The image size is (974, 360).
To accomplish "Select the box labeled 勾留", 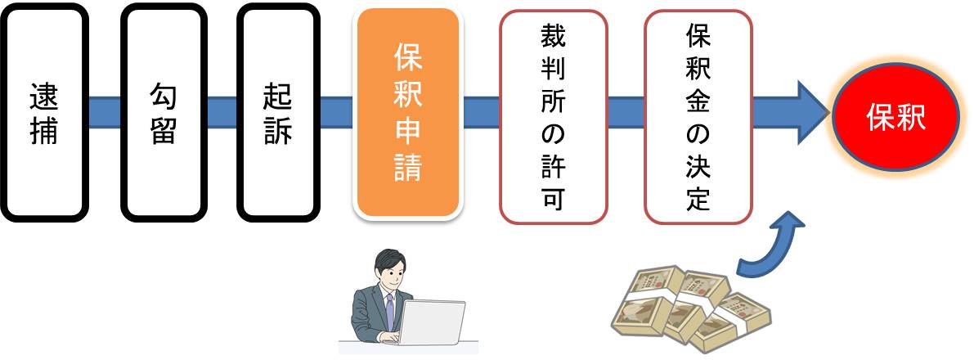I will (x=162, y=112).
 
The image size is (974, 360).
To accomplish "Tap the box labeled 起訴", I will (x=278, y=112).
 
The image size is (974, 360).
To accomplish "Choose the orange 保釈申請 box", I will (x=408, y=112).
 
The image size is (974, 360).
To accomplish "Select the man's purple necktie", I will (x=390, y=308).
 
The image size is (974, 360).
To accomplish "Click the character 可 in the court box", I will (x=553, y=196).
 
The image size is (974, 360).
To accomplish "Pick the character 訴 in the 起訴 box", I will (x=278, y=130).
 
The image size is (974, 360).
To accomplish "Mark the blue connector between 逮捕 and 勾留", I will (x=104, y=112).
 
